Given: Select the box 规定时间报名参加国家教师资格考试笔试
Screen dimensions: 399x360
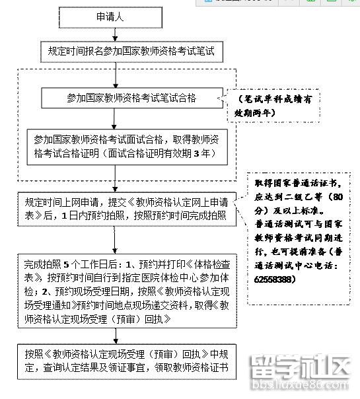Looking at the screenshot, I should [x=133, y=50].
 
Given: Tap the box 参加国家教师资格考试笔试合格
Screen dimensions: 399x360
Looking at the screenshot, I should [x=132, y=98].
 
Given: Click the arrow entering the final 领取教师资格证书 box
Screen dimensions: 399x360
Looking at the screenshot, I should [x=116, y=336].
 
